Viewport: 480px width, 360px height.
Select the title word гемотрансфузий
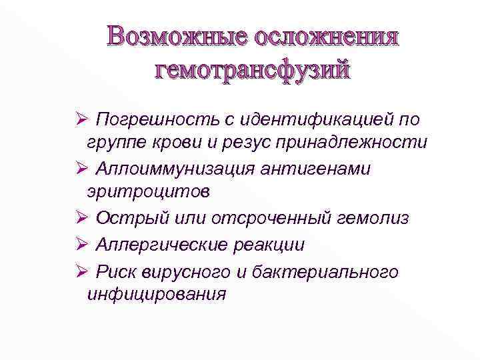point(252,69)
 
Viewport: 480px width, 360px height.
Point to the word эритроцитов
point(148,192)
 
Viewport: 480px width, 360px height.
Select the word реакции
point(269,245)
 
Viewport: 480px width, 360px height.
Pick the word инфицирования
point(157,294)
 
